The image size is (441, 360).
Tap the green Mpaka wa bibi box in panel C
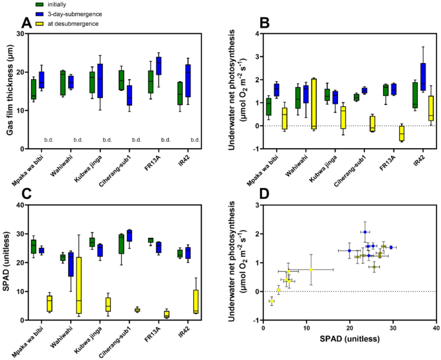pyautogui.click(x=33, y=246)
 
